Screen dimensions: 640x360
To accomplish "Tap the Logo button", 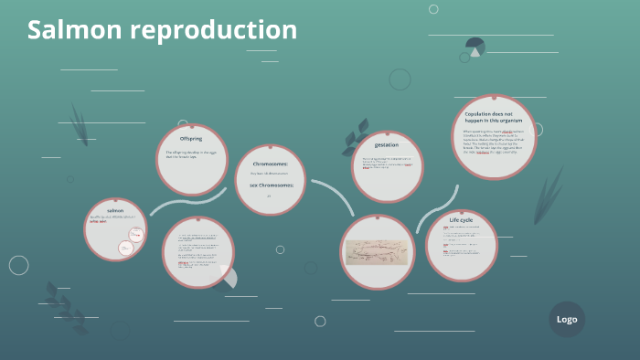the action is point(567,320).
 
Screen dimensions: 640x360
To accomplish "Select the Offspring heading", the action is point(191,139).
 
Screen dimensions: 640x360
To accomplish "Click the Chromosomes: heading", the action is point(270,164).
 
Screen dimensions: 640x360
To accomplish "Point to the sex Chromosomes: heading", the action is point(269,185).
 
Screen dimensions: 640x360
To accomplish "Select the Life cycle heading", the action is point(461,220).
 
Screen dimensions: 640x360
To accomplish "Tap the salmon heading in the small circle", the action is point(115,211).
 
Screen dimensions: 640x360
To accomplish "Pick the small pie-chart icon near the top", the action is point(475,47).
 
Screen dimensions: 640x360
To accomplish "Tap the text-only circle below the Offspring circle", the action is point(198,252).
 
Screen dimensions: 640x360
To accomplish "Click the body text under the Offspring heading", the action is point(190,154).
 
